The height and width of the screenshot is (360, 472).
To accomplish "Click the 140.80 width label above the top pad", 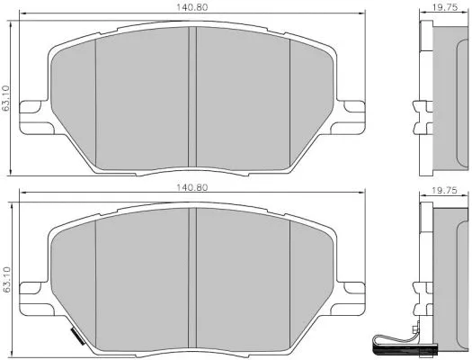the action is (x=191, y=7).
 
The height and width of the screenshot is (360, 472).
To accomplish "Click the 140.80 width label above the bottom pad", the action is (x=191, y=187).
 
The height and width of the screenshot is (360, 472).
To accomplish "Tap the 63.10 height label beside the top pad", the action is (x=6, y=98).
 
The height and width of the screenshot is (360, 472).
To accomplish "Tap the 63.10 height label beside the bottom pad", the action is (x=6, y=279).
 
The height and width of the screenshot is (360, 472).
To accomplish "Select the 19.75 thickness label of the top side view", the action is (x=445, y=7).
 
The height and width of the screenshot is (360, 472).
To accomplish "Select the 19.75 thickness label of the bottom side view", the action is (x=444, y=191).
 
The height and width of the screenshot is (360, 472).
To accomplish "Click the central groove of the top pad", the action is (x=192, y=97).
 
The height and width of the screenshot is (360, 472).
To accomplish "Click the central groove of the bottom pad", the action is (x=192, y=278).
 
